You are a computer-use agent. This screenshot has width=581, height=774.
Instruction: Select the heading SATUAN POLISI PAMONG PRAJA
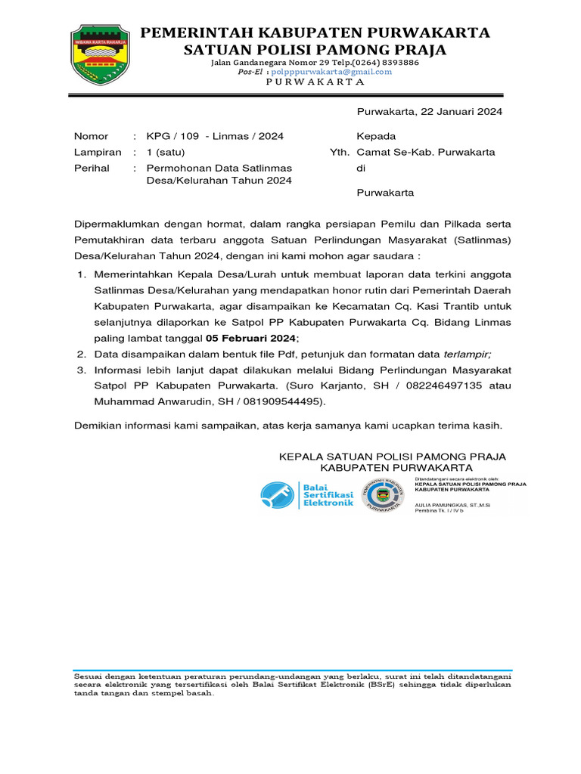[x=316, y=50]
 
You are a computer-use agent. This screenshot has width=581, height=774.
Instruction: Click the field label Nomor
[x=91, y=137]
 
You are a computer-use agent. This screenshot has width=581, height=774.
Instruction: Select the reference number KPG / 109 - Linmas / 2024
[x=215, y=137]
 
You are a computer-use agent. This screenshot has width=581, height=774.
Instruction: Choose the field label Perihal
[x=92, y=168]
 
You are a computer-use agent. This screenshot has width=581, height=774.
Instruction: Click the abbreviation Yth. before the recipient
[x=340, y=152]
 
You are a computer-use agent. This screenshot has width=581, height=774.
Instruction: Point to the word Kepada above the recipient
[x=376, y=137]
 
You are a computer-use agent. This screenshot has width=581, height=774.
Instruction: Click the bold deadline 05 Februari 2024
[x=252, y=339]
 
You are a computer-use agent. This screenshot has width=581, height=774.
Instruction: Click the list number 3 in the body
[x=81, y=370]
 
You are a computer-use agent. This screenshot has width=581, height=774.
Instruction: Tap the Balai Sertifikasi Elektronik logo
[x=307, y=494]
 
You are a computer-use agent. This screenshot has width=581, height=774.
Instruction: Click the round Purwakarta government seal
[x=382, y=495]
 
